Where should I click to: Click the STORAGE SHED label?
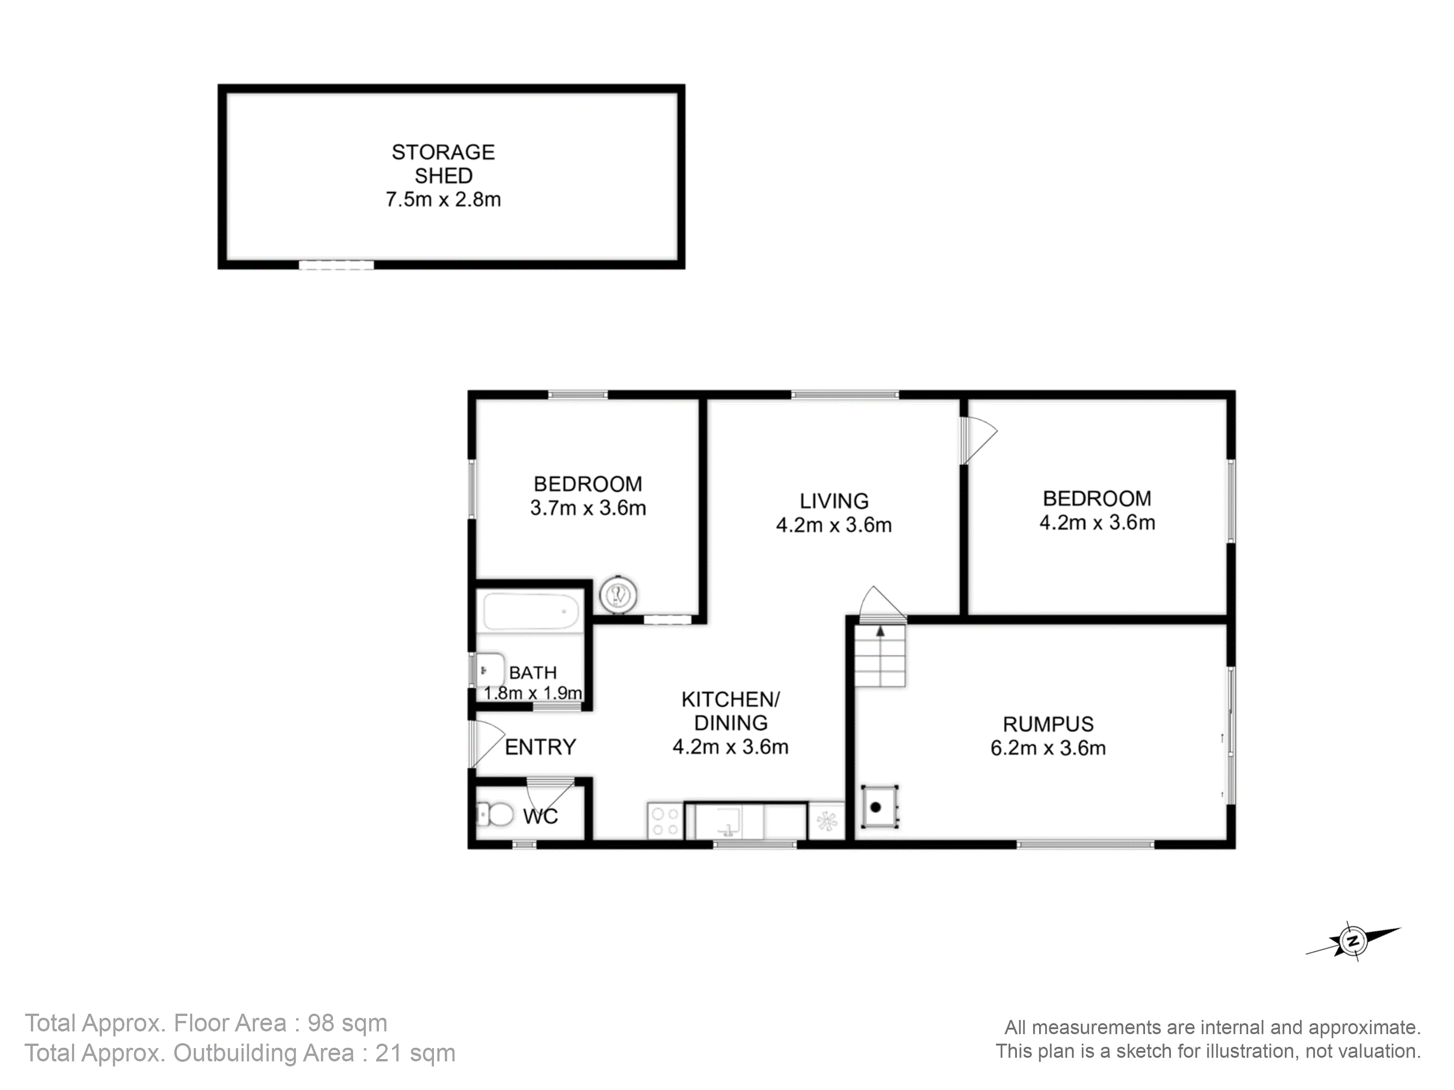point(443,163)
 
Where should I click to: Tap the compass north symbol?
point(1353,941)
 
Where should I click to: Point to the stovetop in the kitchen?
point(665,821)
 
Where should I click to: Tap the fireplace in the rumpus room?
point(879,806)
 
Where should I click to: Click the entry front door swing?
point(487,743)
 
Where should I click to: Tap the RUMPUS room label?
point(1048,724)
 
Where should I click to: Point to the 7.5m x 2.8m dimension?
point(443,199)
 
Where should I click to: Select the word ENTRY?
point(540,747)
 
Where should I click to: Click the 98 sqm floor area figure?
point(347,1023)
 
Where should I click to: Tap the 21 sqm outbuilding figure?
point(415,1053)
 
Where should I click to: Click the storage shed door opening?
point(337,265)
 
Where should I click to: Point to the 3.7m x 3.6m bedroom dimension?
point(588,508)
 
